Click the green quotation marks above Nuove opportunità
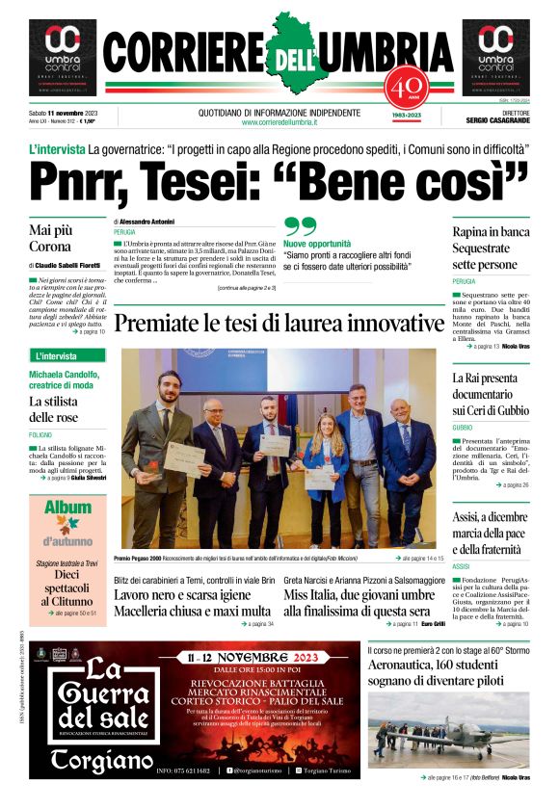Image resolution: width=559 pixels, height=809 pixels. (300, 227)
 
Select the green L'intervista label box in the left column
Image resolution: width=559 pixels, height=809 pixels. (67, 355)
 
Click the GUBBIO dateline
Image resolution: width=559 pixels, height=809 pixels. (463, 427)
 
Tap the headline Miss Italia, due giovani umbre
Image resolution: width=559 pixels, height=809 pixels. (357, 611)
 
